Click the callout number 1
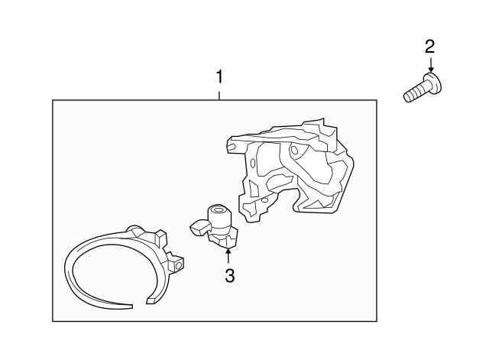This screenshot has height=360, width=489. pyautogui.click(x=219, y=76)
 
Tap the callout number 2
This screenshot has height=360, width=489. pyautogui.click(x=429, y=47)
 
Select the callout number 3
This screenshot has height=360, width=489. pyautogui.click(x=229, y=276)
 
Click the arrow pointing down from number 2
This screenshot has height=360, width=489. pyautogui.click(x=431, y=65)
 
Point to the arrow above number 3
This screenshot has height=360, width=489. pyautogui.click(x=228, y=256)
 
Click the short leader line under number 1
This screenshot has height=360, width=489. pyautogui.click(x=219, y=96)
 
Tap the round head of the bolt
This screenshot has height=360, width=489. pyautogui.click(x=432, y=83)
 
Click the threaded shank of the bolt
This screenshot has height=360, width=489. pyautogui.click(x=414, y=92)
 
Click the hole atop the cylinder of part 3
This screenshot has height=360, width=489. pyautogui.click(x=218, y=210)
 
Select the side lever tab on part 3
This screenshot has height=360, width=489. pyautogui.click(x=199, y=226)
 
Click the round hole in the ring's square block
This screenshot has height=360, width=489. pyautogui.click(x=179, y=265)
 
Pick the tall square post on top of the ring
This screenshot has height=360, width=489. pyautogui.click(x=161, y=238)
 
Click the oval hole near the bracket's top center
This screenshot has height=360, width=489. pyautogui.click(x=294, y=150)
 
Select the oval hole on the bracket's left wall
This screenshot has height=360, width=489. pyautogui.click(x=253, y=162)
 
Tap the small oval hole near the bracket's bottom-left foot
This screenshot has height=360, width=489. pyautogui.click(x=265, y=200)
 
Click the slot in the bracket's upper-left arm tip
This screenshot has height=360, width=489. pyautogui.click(x=232, y=146)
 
